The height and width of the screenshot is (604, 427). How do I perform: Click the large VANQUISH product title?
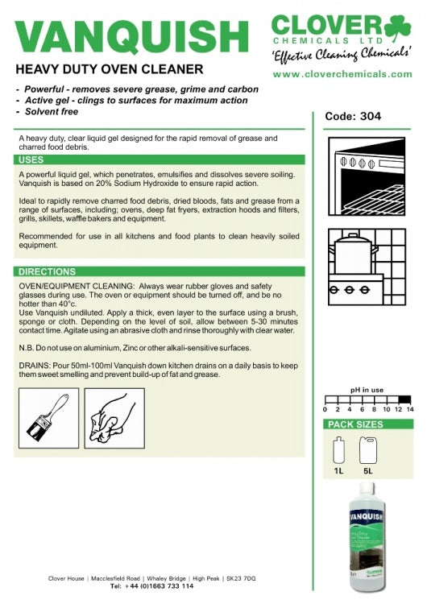131,36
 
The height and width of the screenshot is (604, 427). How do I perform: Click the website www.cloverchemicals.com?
342,74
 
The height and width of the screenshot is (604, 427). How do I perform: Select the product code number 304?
370,116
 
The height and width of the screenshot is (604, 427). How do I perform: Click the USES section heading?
31,160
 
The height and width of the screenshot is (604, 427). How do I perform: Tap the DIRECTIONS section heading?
47,271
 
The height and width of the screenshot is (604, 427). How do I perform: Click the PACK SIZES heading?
355,424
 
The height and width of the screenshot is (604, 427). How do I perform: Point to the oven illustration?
367,176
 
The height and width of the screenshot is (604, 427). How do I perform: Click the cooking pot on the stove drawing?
353,254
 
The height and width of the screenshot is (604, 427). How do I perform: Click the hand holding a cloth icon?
114,418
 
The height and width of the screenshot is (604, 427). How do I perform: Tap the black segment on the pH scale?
404,399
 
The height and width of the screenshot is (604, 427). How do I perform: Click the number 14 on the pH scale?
410,409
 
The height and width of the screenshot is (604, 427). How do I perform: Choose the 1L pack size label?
338,471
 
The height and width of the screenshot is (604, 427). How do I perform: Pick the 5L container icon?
368,450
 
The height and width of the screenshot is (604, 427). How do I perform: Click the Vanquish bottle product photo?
366,536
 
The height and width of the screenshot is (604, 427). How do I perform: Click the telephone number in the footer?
159,586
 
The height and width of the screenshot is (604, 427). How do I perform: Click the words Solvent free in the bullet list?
52,112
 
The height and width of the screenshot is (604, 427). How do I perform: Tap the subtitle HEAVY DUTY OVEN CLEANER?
110,69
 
